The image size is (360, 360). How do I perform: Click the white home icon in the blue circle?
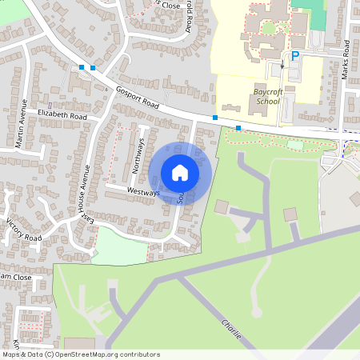[x=180, y=172]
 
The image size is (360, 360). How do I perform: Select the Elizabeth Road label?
[x=62, y=115]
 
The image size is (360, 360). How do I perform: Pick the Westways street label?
[x=142, y=192]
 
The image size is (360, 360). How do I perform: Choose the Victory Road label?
[x=22, y=229]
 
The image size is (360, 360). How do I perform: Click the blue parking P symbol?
[x=294, y=56]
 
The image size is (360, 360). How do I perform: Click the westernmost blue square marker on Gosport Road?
[x=82, y=67]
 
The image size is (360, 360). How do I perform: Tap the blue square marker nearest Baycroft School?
[x=238, y=128]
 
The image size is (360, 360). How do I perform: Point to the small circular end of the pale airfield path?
[x=257, y=313]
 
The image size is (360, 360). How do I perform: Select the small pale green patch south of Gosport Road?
[x=295, y=145]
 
